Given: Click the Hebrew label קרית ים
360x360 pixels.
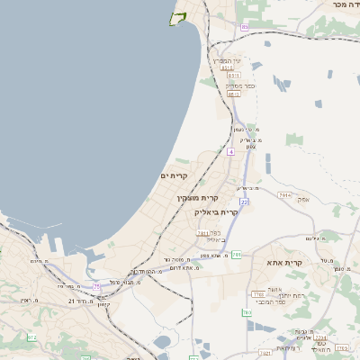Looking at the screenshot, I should click(174, 175).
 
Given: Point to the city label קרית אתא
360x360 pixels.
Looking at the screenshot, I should click(285, 263).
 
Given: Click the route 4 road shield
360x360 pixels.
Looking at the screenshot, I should click(230, 152).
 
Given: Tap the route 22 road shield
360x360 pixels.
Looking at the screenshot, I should click(243, 202).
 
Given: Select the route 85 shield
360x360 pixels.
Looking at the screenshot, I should click(245, 27).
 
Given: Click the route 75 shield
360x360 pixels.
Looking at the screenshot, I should click(96, 286).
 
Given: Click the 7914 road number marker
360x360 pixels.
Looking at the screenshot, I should click(284, 194).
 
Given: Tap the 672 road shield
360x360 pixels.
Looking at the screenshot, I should click(32, 337).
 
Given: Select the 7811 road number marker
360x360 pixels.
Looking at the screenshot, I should click(203, 233).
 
